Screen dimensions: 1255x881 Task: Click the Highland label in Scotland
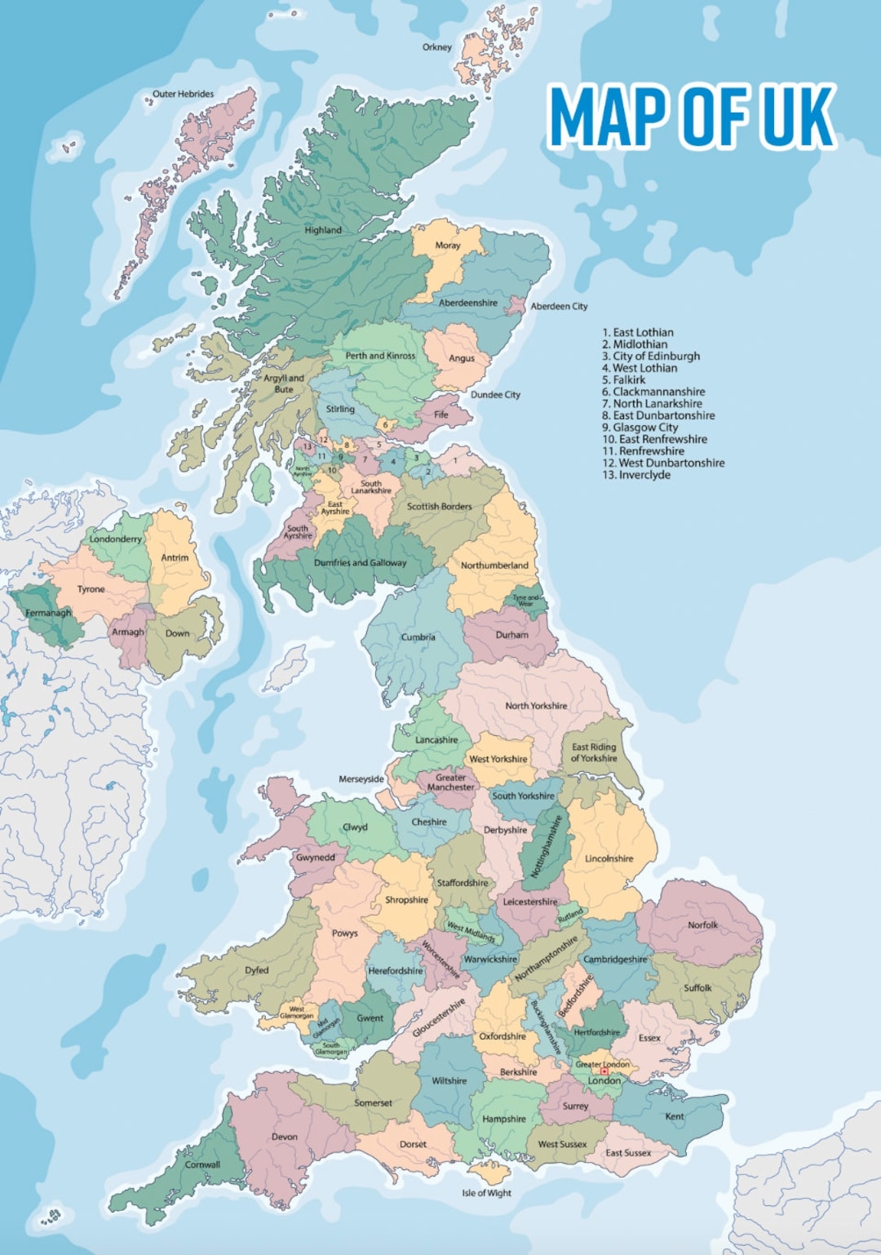coord(323,230)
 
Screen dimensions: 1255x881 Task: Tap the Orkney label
coord(436,47)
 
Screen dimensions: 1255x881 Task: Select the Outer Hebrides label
coord(183,94)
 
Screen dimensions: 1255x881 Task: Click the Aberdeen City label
coord(559,306)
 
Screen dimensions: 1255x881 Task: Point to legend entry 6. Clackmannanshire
coord(653,392)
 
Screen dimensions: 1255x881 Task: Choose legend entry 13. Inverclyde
coord(636,475)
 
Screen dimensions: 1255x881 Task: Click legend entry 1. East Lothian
coord(638,332)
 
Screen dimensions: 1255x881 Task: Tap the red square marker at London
coord(604,1071)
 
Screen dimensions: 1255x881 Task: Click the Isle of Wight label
coord(486,1193)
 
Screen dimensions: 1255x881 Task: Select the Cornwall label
coord(202,1164)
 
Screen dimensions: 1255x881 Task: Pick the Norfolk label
coord(702,925)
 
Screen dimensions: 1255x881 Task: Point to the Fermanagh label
coord(48,613)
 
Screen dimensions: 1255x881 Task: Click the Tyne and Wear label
coord(526,600)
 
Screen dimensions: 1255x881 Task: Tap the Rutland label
coord(570,914)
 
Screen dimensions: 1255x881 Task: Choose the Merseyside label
coord(361,779)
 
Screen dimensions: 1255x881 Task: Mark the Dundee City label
coord(495,395)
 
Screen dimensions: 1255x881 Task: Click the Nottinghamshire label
coord(547,846)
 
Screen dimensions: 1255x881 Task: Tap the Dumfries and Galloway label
coord(360,563)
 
